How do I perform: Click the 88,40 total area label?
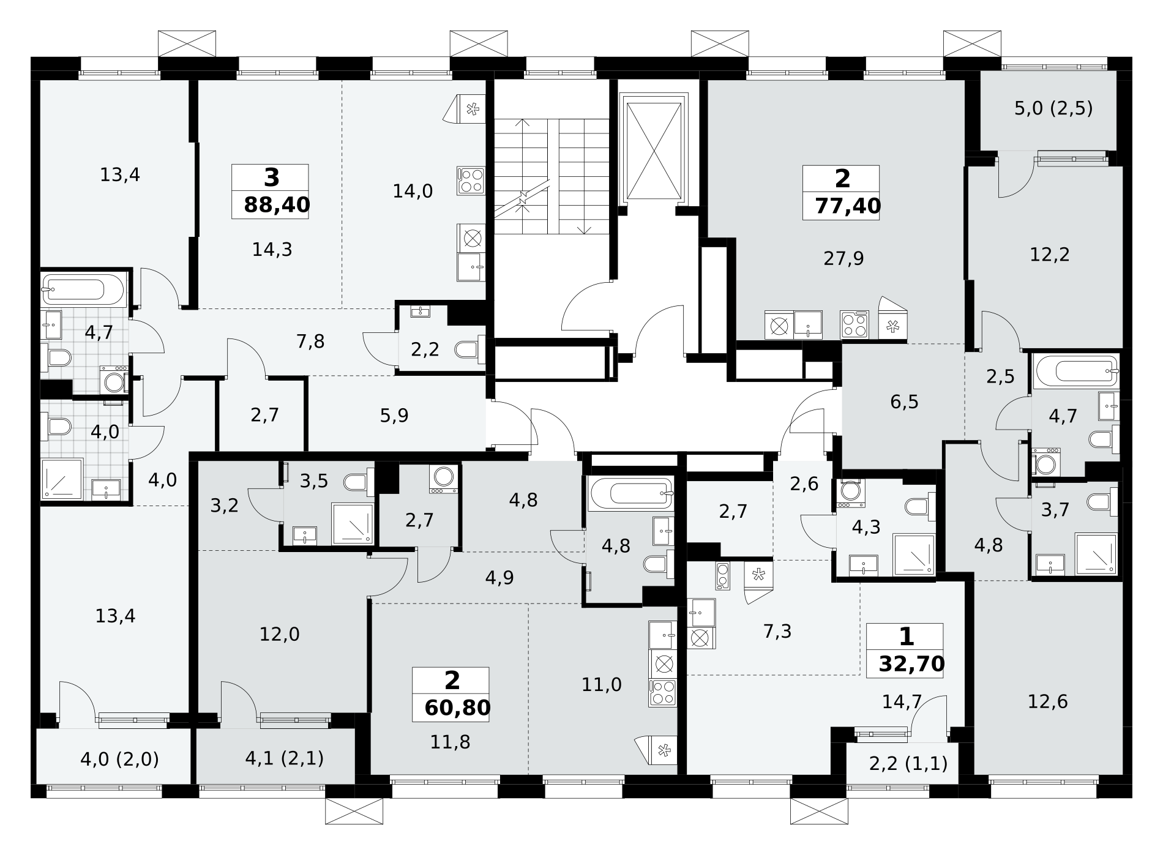[x=277, y=205]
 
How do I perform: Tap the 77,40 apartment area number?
[x=848, y=206]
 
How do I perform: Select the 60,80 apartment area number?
[x=457, y=708]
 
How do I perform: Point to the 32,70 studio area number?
[x=911, y=664]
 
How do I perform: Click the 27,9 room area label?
[x=843, y=259]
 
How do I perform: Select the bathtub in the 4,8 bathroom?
[x=630, y=493]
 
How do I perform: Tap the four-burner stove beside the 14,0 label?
[x=471, y=181]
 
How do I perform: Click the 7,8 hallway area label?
[x=310, y=342]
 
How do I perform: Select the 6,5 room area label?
[x=905, y=402]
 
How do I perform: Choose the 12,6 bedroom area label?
[x=1048, y=701]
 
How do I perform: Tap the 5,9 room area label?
[x=394, y=416]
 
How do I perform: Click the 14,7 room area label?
[x=902, y=701]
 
